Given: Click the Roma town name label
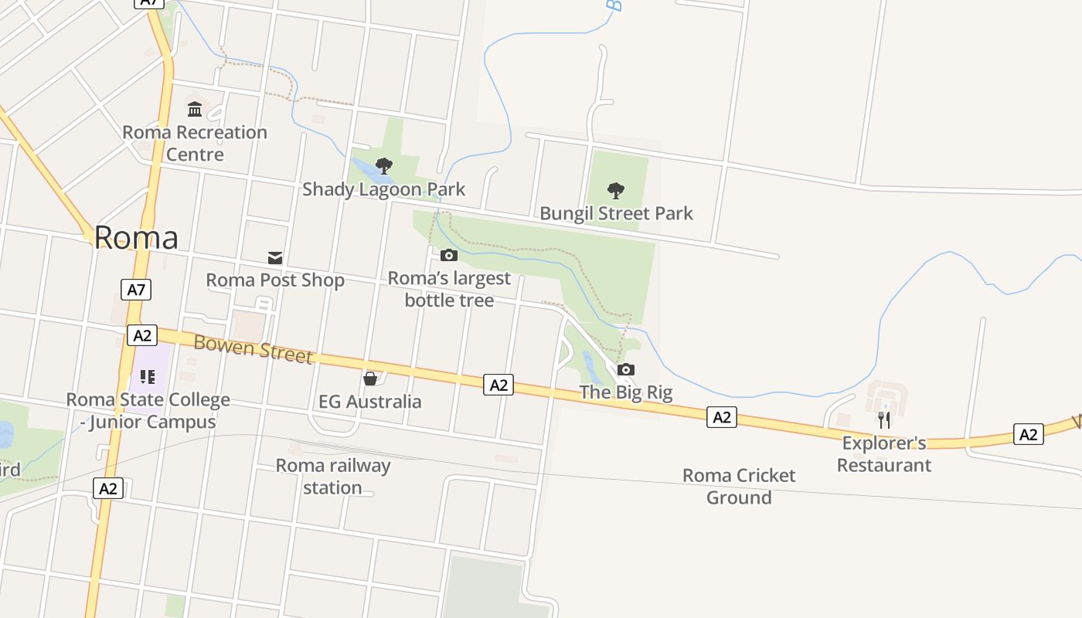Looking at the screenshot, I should click(136, 237).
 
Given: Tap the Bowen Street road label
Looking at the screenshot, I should click(253, 348).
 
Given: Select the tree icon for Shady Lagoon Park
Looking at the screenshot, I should click(383, 165).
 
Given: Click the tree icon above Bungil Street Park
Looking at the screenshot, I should click(616, 190).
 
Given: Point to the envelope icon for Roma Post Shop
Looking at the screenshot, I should click(275, 257).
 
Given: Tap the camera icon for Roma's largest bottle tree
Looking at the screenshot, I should click(449, 255).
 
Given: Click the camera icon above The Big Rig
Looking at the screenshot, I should click(626, 369).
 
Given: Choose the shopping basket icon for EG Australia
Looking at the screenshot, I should click(370, 379).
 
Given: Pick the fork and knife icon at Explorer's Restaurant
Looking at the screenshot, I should click(884, 420).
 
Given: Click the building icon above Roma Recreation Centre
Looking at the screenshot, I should click(195, 109).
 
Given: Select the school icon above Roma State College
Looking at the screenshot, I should click(148, 377).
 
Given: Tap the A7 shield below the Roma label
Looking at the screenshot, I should click(136, 290).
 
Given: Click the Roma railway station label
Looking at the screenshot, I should click(333, 477).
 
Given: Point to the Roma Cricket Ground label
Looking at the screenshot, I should click(739, 486).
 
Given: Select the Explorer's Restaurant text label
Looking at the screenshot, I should click(884, 454).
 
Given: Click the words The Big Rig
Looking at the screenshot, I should click(626, 392).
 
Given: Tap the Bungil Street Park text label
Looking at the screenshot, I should click(616, 213).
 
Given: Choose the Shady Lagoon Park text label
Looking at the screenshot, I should click(383, 189).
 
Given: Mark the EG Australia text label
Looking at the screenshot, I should click(370, 402).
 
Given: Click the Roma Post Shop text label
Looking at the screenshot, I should click(275, 280).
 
